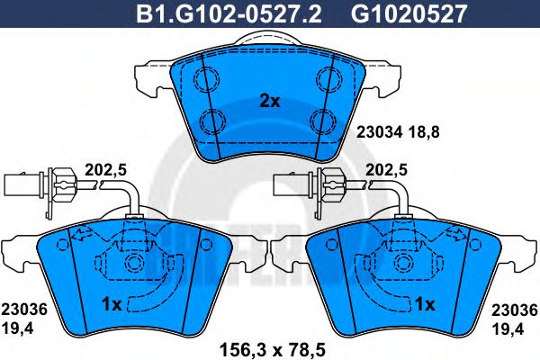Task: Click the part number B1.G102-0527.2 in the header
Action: click(x=229, y=13)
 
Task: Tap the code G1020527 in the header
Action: click(x=409, y=13)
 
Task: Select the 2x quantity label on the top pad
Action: click(x=270, y=102)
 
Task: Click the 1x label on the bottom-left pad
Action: click(x=112, y=304)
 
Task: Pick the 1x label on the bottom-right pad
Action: click(x=425, y=304)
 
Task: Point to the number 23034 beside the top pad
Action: click(x=379, y=132)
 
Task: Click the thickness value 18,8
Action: click(x=424, y=132)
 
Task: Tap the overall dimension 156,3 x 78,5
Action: click(x=273, y=350)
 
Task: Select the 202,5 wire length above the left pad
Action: click(x=105, y=170)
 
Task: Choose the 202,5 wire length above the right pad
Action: click(x=386, y=170)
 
